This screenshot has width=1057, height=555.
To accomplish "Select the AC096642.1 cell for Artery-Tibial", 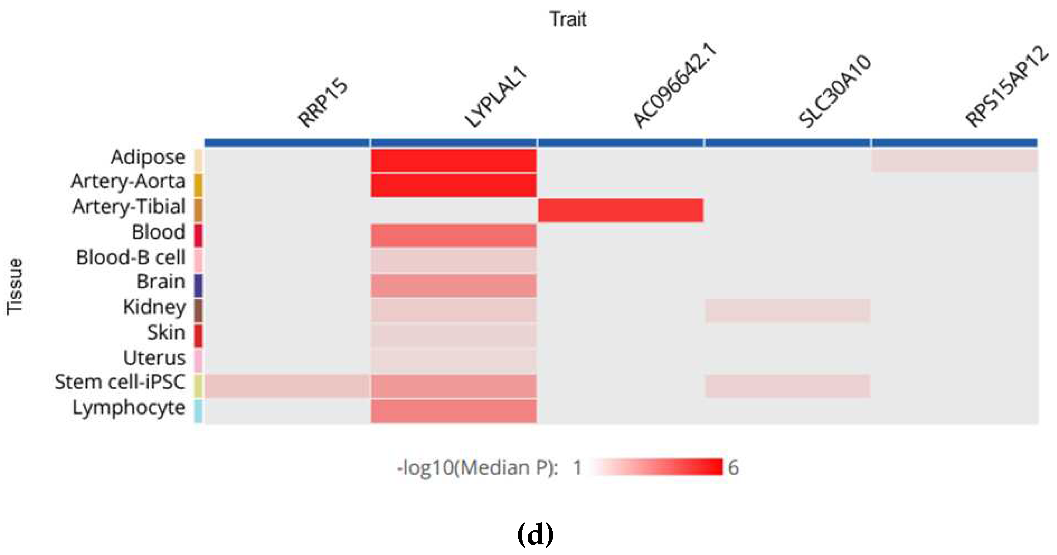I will tap(620, 210).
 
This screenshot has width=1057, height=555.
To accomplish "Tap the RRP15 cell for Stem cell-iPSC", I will tap(287, 386).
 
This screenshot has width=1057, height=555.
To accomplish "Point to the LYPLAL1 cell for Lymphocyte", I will tap(453, 411).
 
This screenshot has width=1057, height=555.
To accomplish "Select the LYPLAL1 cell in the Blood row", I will tap(453, 235).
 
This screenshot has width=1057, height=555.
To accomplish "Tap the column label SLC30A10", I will tap(835, 91).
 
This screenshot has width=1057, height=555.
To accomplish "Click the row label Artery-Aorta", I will tap(128, 182).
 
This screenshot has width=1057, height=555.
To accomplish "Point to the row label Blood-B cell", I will tap(131, 258).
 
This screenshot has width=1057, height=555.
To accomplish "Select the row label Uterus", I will tap(154, 358).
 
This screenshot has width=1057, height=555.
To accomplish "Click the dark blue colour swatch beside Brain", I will tap(198, 286).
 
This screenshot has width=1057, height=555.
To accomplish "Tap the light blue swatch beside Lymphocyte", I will tap(198, 411).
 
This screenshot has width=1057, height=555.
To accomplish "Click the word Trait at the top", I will tap(568, 19).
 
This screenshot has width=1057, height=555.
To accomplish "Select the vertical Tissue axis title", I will tap(15, 286).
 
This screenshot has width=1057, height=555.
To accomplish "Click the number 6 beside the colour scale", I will tap(733, 468).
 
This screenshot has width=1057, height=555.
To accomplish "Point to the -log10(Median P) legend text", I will tap(477, 468).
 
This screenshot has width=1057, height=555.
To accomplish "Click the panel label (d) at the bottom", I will tap(535, 534).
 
